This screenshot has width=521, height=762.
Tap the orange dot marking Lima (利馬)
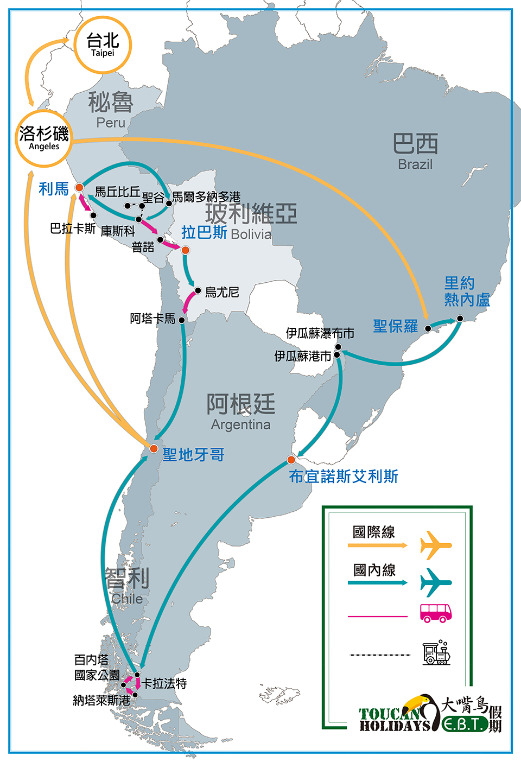pos(79,187)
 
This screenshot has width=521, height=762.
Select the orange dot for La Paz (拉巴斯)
pos(186,250)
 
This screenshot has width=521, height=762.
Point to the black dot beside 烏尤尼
pos(198,290)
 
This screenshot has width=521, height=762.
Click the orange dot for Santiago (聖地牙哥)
pos(154,449)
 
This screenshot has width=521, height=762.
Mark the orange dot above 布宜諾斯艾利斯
pos(291,460)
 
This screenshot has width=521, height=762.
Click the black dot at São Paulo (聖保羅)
pos(428,328)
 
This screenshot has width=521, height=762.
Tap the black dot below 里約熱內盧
pos(460,319)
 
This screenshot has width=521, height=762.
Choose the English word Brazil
pos(415,164)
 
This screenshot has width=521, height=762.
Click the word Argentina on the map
pos(241,425)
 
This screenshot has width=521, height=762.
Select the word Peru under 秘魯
pos(111,123)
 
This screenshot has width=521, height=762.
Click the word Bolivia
pos(251,234)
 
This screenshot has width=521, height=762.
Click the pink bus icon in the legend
pos(436,613)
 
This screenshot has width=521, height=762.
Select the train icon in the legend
pos(437,652)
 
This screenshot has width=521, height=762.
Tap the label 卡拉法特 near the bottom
pos(164,683)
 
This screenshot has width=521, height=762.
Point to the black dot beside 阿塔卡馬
pos(182,320)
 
